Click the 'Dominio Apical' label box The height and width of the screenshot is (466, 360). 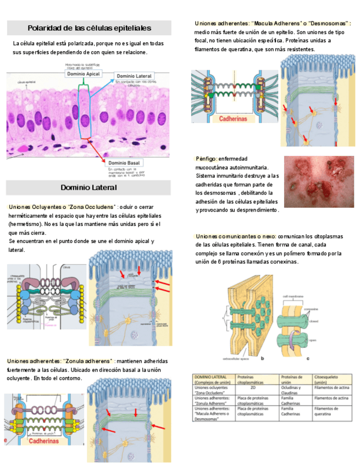(83, 74)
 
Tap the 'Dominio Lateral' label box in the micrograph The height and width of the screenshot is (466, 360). (134, 76)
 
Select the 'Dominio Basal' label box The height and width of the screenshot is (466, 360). (124, 163)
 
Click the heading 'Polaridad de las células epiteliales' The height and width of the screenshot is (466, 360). (89, 28)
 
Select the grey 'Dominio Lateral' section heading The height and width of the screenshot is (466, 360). (88, 187)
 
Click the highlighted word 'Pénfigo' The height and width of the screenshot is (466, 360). (207, 159)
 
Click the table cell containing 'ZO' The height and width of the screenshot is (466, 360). (253, 388)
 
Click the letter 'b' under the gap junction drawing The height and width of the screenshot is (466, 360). (263, 358)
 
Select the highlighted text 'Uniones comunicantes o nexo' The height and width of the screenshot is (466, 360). (236, 236)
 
